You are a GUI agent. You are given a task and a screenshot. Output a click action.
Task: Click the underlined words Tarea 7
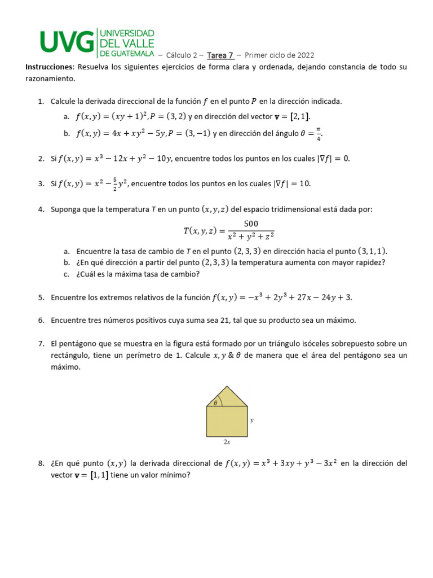click(220, 55)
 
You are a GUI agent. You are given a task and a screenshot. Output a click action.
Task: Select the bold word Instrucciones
click(50, 67)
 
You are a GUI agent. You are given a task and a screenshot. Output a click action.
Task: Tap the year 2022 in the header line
click(305, 55)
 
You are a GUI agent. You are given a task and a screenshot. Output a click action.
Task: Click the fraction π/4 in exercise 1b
click(319, 134)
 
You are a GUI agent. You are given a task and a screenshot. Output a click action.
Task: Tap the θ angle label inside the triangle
click(215, 402)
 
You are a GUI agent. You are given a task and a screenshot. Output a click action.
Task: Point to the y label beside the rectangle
click(251, 420)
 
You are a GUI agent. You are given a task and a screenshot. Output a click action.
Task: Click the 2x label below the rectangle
click(227, 443)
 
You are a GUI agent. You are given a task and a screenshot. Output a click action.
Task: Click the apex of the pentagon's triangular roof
click(227, 387)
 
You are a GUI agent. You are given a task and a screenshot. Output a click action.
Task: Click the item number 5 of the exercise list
click(41, 297)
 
